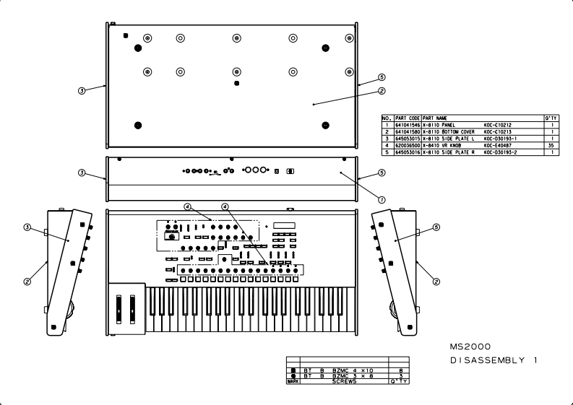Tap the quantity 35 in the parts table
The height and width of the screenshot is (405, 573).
point(551,144)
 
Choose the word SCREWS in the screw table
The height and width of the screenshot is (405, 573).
point(344,381)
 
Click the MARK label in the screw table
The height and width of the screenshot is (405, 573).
point(293,381)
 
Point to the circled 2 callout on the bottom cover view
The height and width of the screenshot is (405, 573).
point(382,91)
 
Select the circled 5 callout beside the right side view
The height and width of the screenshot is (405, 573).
point(436,227)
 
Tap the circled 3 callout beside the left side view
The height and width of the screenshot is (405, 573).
point(27,227)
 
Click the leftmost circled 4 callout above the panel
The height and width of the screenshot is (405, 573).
point(186,206)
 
